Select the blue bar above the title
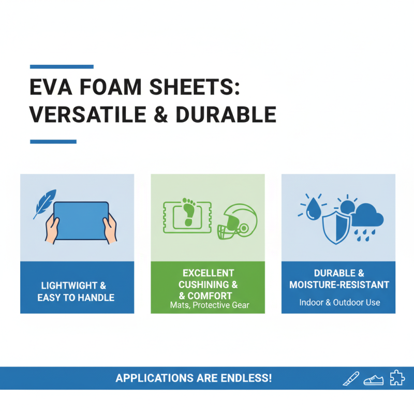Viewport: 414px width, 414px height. coord(62,67)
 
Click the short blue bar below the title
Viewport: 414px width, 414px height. coord(53,141)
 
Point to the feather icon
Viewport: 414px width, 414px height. coord(45,203)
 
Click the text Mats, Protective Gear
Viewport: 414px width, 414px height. coord(209,305)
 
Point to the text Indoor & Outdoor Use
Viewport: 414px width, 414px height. coord(339,302)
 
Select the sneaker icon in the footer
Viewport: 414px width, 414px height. coord(373,380)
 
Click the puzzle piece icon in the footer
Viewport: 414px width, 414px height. coord(396,379)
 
